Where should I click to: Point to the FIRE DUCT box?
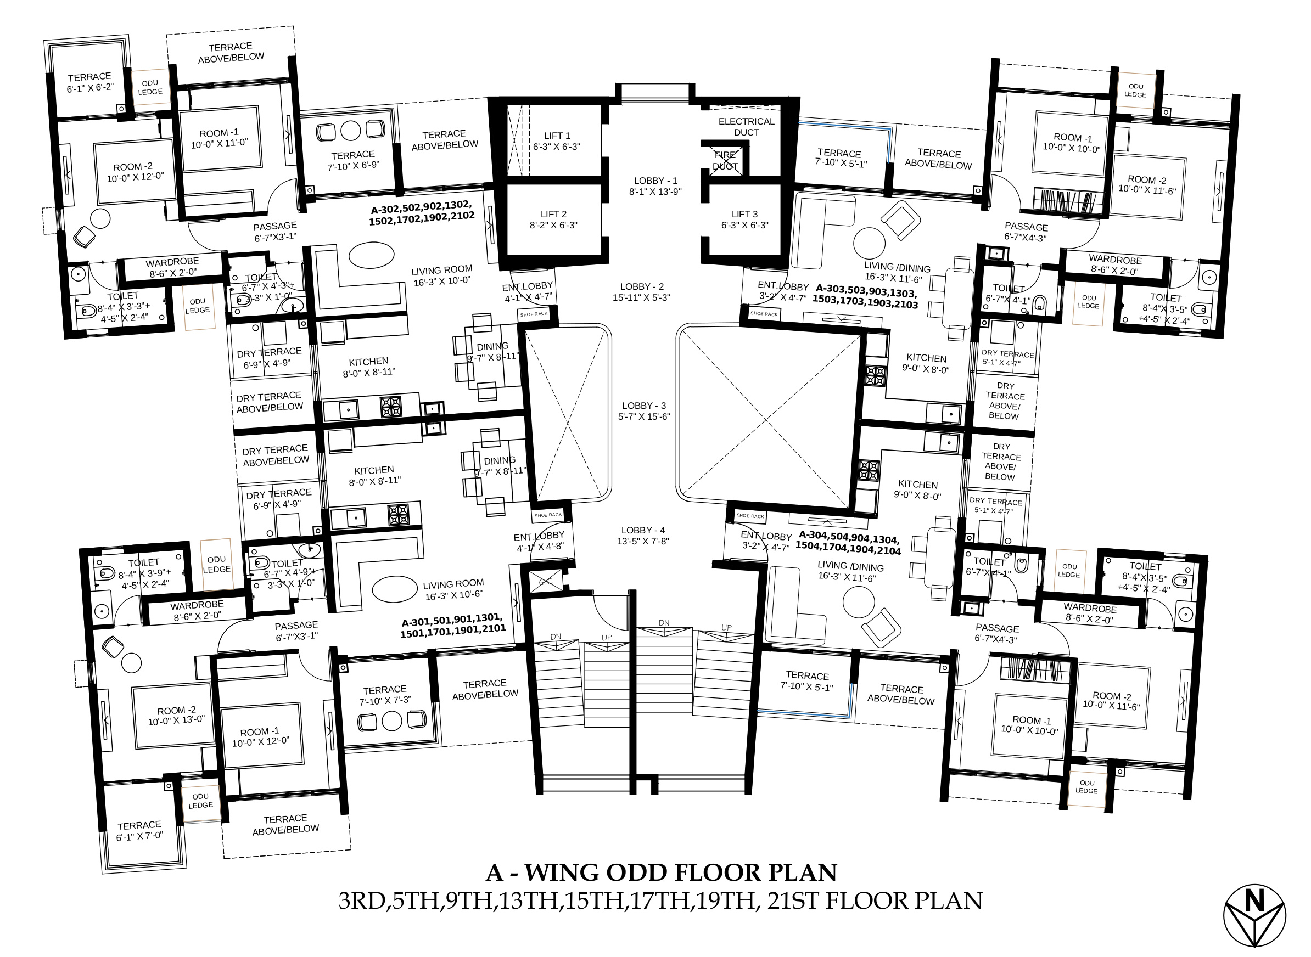725,160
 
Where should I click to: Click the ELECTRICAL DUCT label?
746,127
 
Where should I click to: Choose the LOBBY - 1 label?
655,181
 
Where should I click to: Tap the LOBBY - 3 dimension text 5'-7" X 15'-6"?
644,416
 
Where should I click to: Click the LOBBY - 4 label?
643,530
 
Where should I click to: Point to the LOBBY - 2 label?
642,287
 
